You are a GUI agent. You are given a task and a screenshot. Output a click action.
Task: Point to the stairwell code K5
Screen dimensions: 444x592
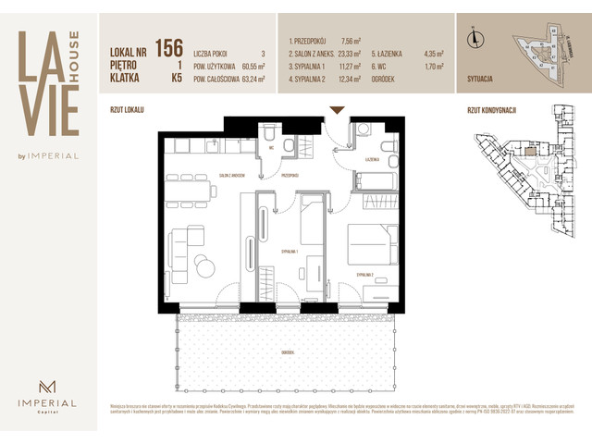[175, 80]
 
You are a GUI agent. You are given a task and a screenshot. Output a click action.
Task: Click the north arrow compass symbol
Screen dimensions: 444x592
[475, 38]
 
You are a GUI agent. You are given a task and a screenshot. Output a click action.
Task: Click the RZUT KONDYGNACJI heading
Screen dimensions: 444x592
[492, 110]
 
